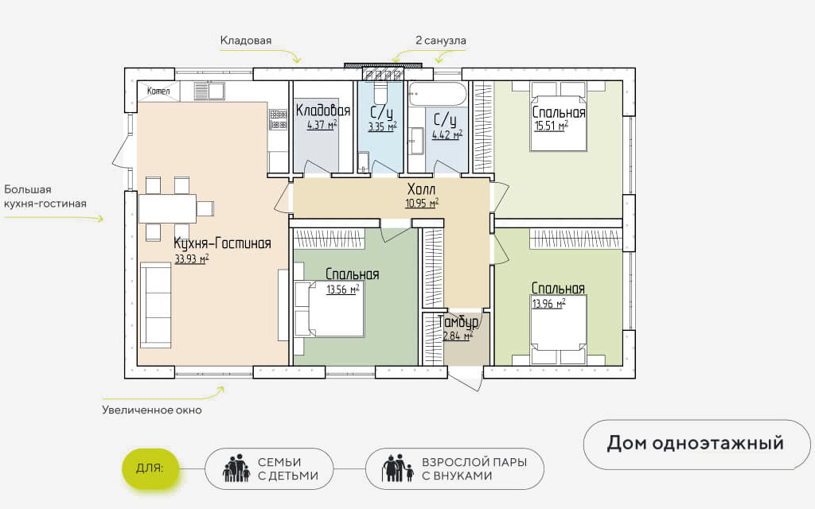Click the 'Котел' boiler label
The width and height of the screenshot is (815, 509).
tap(158, 91)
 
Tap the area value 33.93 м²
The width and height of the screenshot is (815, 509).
tap(192, 258)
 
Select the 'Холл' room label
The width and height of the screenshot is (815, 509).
tap(422, 188)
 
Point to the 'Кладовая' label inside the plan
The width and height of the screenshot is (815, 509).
tap(323, 110)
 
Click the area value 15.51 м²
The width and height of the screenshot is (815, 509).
tap(551, 126)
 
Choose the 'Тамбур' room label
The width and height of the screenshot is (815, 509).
tap(458, 322)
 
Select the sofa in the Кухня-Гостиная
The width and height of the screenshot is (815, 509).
tap(155, 305)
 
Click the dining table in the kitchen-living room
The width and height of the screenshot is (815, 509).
tap(167, 208)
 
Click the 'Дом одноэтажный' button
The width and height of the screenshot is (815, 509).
tap(696, 444)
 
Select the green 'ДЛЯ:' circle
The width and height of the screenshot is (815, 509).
tap(150, 468)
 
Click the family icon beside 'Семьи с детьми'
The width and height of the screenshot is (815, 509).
tap(236, 468)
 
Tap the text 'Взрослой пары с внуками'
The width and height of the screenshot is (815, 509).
tap(474, 468)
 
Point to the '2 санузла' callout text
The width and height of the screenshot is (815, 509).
tap(441, 41)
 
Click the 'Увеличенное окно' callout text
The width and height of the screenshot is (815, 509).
tap(152, 410)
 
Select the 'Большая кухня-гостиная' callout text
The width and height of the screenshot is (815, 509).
tap(45, 196)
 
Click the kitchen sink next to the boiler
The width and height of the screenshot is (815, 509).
tap(209, 91)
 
